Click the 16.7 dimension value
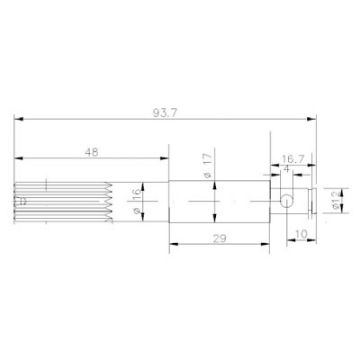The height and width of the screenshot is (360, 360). (x=290, y=158)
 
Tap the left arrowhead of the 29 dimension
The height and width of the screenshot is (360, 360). (x=171, y=241)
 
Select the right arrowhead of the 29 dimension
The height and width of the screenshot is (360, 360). (x=269, y=241)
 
